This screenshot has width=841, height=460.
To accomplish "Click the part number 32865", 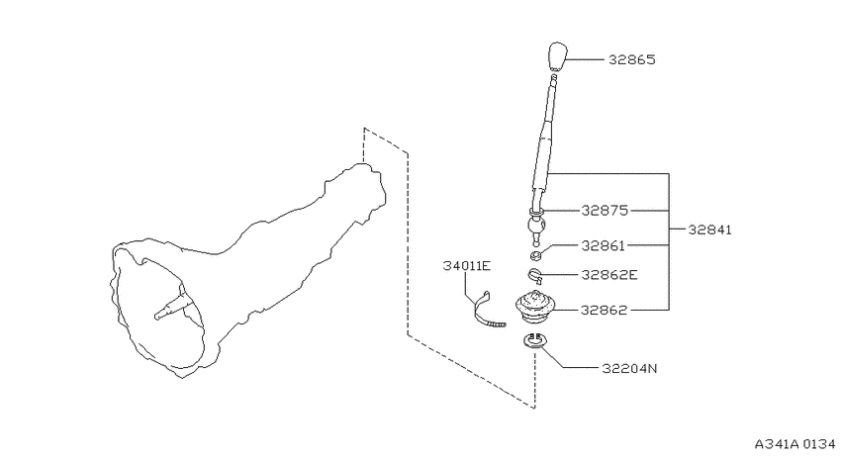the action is coord(632,59).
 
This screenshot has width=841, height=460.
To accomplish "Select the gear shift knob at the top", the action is coord(557,56).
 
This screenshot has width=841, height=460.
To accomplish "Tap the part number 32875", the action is coord(605,210).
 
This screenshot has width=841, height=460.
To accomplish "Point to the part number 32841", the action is coord(709,230).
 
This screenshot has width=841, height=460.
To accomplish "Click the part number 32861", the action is coord(604,245).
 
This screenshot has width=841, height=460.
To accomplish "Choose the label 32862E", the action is coord(609,275).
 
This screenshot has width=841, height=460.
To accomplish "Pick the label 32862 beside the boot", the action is coord(604,310).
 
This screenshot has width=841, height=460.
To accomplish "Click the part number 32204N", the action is coord(629,368).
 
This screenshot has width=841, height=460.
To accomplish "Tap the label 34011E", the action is coord(467,265).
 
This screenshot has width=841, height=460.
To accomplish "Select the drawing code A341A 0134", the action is coord(794,444).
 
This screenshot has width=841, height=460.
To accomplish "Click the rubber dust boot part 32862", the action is coord(534,308).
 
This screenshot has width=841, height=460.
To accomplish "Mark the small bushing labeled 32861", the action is coord(534,255).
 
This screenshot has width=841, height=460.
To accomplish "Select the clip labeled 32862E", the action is coord(534,275).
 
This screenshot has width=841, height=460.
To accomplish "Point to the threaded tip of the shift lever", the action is coord(553,78).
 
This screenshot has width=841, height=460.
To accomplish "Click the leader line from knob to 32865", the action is coord(585,59).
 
